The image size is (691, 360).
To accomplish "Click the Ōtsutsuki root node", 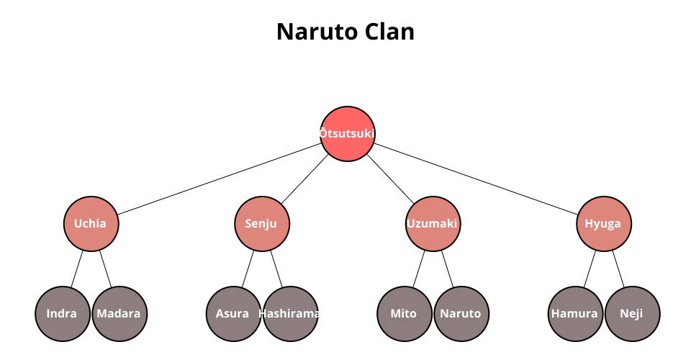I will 348,133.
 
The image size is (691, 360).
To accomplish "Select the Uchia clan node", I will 91,223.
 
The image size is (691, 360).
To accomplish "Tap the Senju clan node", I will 262,223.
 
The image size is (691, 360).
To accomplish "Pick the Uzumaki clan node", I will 433,223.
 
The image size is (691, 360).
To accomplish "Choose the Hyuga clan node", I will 603,223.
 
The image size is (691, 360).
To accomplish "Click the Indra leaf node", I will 62,313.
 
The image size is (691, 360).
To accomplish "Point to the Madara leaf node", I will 119,313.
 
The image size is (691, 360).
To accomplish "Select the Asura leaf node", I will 233,313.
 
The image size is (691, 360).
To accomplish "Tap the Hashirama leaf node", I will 290,313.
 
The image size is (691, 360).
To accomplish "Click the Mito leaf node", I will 404,313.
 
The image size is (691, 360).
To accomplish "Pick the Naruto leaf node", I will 461,313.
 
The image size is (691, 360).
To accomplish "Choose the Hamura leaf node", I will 574,313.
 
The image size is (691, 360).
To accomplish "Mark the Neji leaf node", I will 632,313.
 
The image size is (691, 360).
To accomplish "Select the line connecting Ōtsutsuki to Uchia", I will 220,179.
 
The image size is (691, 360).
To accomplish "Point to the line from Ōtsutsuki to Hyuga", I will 475,179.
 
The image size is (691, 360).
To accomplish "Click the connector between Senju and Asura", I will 248,269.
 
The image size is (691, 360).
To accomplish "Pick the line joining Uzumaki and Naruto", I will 447,269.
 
